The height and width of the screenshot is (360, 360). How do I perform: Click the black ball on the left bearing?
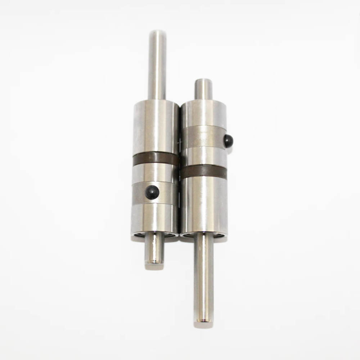coord(152,192)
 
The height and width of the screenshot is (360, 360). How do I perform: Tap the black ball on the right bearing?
coord(228,140)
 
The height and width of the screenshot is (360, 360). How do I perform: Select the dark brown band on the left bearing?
coord(156,159)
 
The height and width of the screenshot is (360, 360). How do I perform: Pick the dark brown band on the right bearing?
coord(204,172)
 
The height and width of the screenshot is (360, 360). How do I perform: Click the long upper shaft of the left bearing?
coord(157,65)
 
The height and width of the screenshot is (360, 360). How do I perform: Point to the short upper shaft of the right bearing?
coord(203,90)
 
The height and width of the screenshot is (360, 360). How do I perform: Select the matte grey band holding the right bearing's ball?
coord(202,137)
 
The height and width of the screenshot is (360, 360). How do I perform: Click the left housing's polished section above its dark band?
coord(156,126)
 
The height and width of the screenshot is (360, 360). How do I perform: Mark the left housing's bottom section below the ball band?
coord(155,218)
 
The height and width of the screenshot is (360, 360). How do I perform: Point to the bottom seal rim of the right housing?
coord(204,236)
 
